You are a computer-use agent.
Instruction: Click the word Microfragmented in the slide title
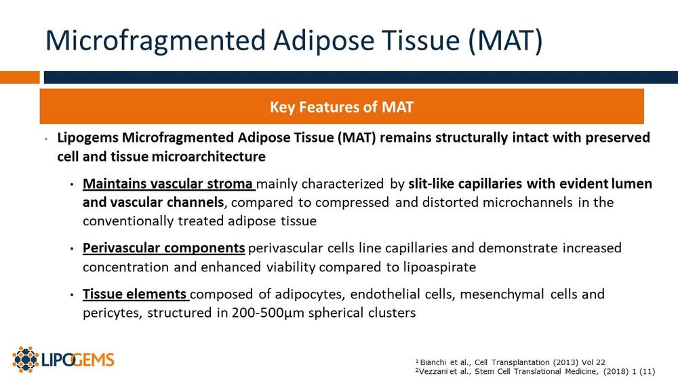(x=156, y=40)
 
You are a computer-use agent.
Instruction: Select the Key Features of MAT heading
(x=342, y=107)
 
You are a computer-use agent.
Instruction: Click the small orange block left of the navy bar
(x=20, y=77)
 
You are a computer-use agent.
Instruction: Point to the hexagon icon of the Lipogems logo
(x=26, y=360)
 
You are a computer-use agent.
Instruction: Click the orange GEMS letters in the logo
(x=94, y=360)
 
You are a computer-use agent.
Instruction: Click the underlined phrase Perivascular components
(x=164, y=248)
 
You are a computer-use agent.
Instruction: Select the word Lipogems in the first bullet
(x=87, y=138)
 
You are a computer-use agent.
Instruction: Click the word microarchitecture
(x=208, y=157)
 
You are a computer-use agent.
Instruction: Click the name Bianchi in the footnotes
(x=433, y=362)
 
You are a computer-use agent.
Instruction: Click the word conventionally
(x=128, y=221)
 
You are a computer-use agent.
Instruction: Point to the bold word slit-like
(x=431, y=184)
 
